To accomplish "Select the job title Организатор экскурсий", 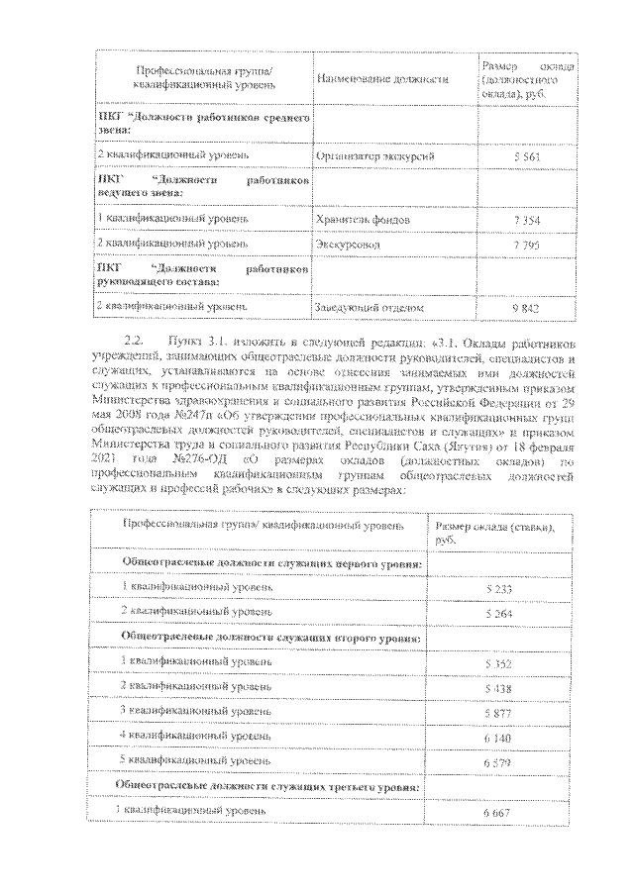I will (x=374, y=156).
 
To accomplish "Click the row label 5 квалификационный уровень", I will (x=196, y=761).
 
